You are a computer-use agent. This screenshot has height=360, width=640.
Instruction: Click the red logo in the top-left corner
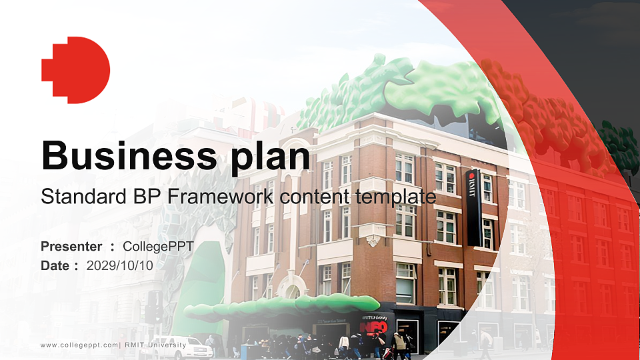75,70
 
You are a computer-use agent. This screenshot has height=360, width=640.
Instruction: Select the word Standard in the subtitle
75,197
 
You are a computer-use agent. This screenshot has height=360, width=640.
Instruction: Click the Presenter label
71,247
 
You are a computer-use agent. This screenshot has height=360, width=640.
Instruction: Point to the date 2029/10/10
120,265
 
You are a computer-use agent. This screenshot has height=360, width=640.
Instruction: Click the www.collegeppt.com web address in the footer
79,345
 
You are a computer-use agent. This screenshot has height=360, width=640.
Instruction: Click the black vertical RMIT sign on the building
474,207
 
